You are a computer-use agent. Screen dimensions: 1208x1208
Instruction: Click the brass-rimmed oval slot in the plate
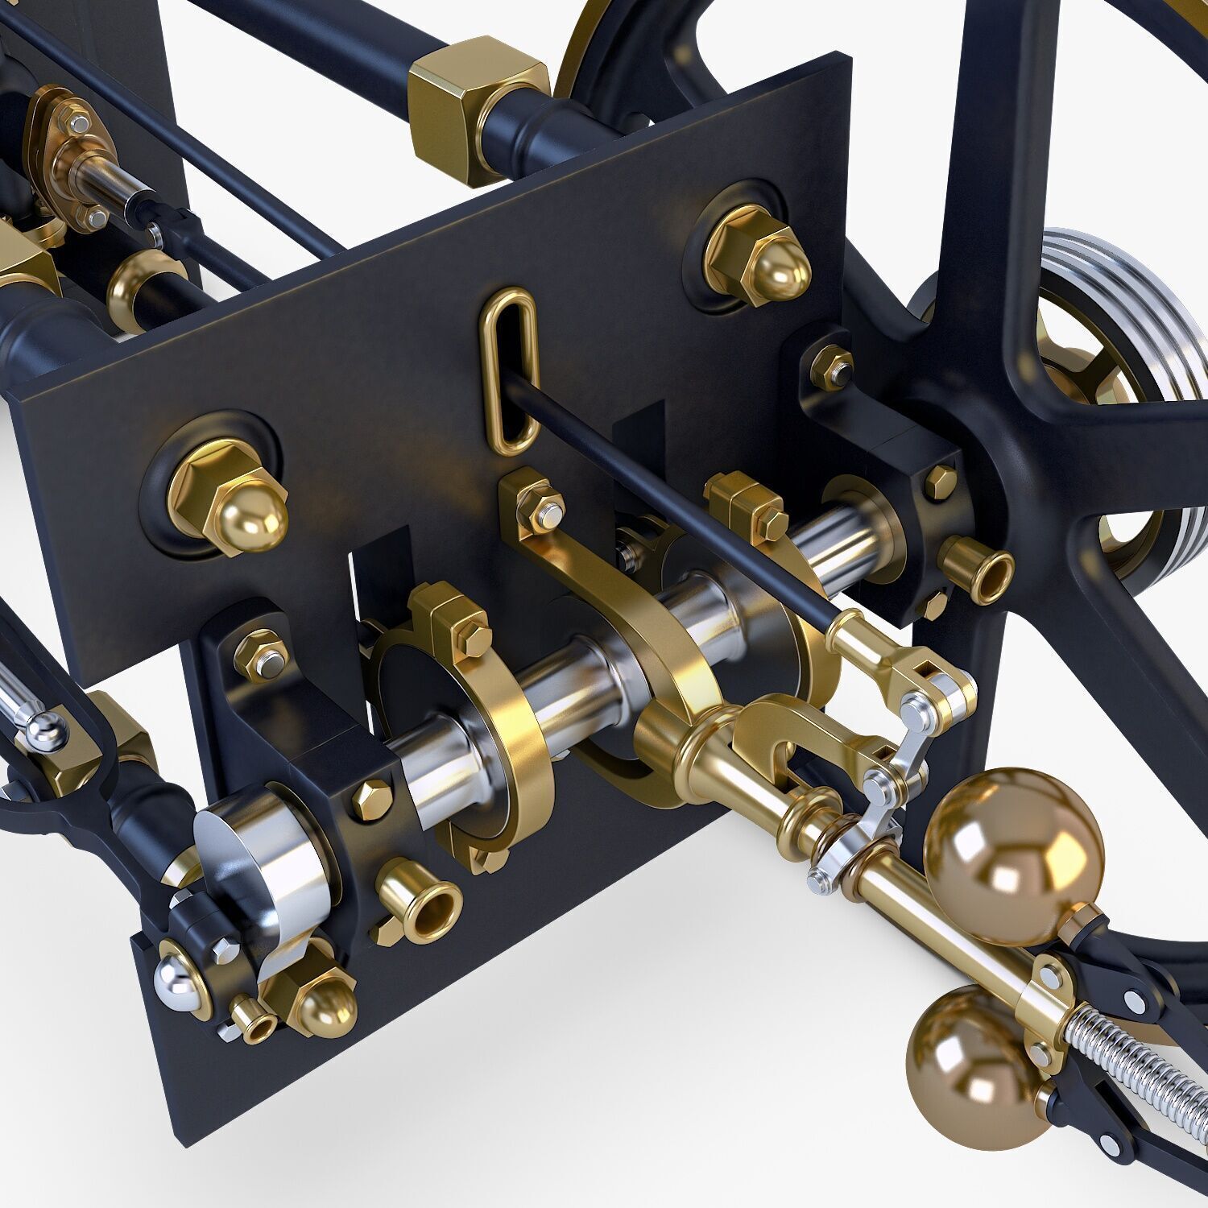(x=506, y=368)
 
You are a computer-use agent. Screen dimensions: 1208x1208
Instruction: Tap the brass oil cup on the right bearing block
(x=978, y=567)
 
